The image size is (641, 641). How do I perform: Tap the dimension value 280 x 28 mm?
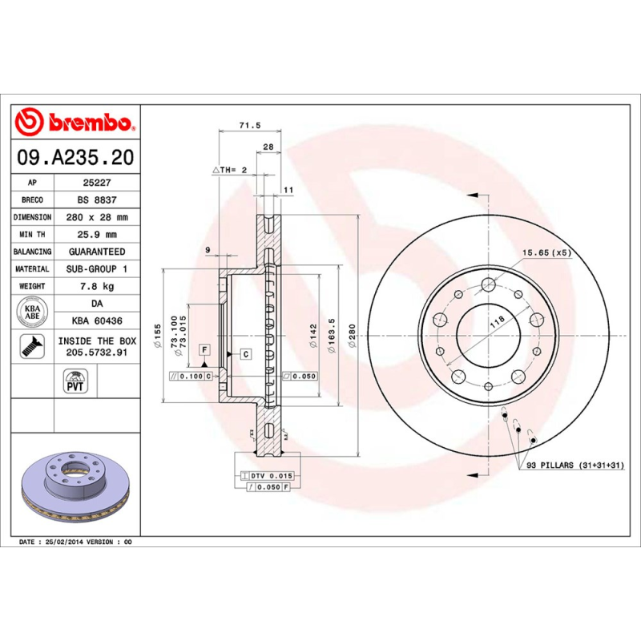tap(97, 217)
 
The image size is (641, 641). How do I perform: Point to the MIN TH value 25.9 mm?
tap(97, 235)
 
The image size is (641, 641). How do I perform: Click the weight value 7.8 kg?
tap(97, 286)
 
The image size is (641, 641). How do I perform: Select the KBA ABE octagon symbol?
tap(32, 312)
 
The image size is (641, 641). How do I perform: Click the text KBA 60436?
tap(97, 321)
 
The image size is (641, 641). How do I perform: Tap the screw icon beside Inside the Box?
tap(32, 346)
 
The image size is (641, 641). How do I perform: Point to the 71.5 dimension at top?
tap(251, 126)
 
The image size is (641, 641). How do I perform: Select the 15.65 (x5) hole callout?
tap(546, 252)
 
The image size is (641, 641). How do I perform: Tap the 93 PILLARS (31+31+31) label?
tap(572, 465)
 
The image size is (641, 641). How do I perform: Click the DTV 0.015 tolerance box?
tap(272, 475)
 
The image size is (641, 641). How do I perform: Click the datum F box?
tap(206, 350)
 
